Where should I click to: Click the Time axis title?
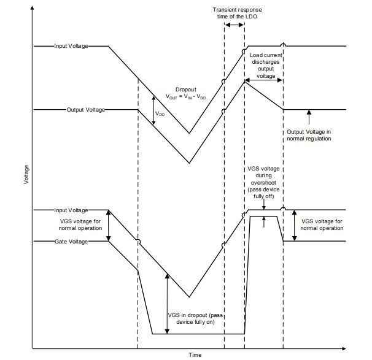pyautogui.click(x=195, y=354)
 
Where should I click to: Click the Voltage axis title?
pyautogui.click(x=26, y=174)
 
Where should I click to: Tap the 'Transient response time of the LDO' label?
pyautogui.click(x=237, y=13)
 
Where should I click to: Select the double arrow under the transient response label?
pyautogui.click(x=234, y=25)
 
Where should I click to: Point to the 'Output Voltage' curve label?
pyautogui.click(x=86, y=110)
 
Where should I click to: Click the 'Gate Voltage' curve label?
pyautogui.click(x=71, y=242)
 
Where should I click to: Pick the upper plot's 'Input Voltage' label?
pyautogui.click(x=71, y=46)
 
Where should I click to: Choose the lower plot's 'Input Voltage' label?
pyautogui.click(x=71, y=210)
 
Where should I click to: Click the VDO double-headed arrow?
pyautogui.click(x=153, y=110)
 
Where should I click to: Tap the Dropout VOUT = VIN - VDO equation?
pyautogui.click(x=186, y=93)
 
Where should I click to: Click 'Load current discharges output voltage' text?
pyautogui.click(x=266, y=66)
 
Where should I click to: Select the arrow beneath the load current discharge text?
pyautogui.click(x=263, y=80)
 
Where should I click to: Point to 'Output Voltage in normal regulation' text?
pyautogui.click(x=309, y=135)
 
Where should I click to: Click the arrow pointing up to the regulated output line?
pyautogui.click(x=309, y=117)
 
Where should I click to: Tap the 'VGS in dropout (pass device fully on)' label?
pyautogui.click(x=195, y=318)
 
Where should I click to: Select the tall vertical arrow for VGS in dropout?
pyautogui.click(x=167, y=304)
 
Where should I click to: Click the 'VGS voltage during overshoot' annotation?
pyautogui.click(x=263, y=183)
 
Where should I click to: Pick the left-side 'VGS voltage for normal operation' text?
pyautogui.click(x=80, y=224)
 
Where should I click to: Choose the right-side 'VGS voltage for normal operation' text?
pyautogui.click(x=322, y=224)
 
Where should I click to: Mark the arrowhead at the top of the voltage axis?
pyautogui.click(x=33, y=8)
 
